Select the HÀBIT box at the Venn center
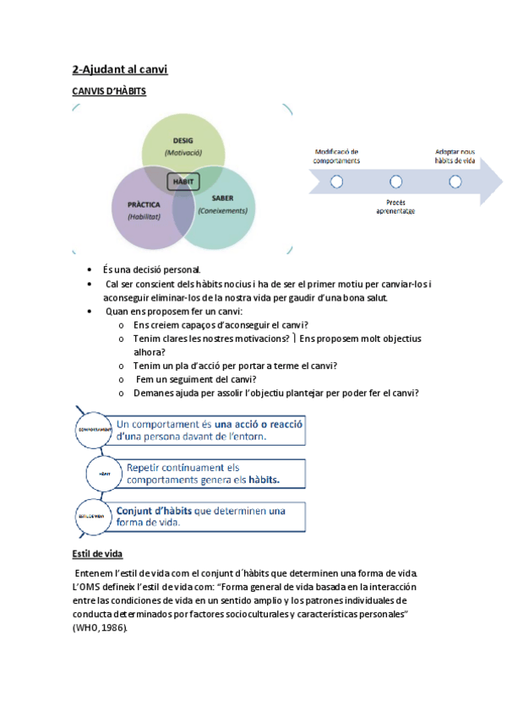pos(183,182)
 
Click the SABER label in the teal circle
pos(211,198)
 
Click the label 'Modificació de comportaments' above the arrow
pos(336,155)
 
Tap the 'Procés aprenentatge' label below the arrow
pos(395,207)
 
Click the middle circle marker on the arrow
pos(395,182)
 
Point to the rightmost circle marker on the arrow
pos(455,182)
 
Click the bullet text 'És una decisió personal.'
pos(151,269)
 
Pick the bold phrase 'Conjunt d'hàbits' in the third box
pos(154,510)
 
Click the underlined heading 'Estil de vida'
pos(98,554)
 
